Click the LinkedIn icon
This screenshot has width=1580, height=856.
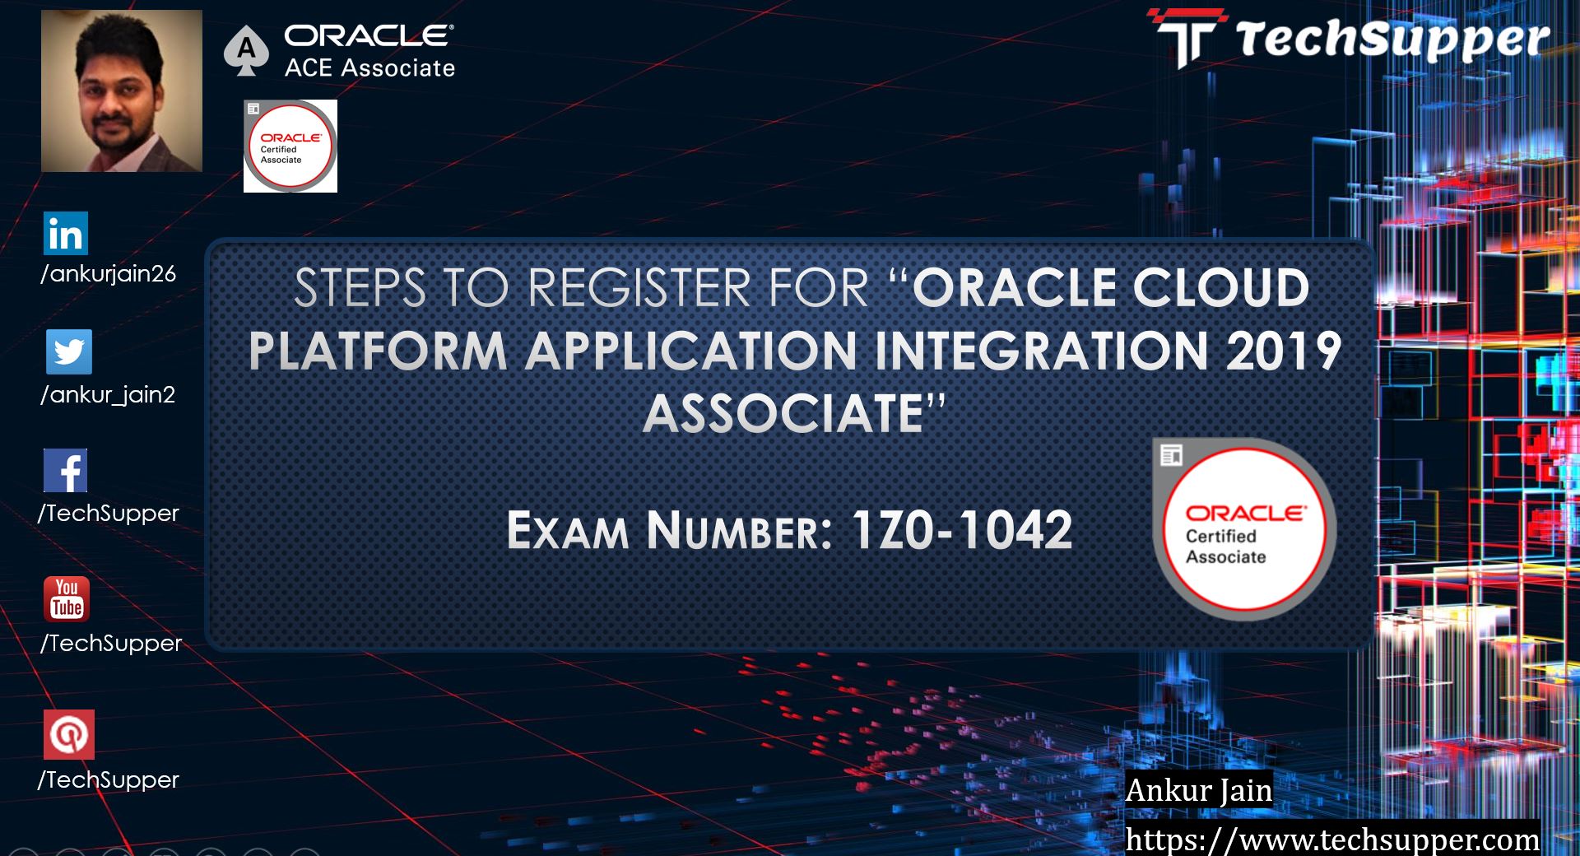(66, 234)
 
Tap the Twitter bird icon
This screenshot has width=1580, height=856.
(69, 352)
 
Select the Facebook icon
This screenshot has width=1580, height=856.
(66, 471)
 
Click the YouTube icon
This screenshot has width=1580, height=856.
(67, 598)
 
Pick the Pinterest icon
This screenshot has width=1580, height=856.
(69, 734)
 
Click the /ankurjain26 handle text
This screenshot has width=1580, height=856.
(109, 274)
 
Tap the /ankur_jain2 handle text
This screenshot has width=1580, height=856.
(108, 395)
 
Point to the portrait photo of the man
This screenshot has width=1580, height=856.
(122, 91)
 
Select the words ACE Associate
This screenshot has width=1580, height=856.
(369, 67)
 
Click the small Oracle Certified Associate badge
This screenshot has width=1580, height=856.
(290, 147)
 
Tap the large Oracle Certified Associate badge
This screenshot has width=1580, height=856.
(1244, 529)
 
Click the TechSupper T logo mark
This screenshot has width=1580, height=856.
(1187, 38)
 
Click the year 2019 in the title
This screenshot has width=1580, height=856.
(1284, 351)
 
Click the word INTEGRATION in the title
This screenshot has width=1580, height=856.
(1041, 351)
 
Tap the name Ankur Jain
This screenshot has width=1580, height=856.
(1198, 790)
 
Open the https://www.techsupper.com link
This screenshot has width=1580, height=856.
(1332, 839)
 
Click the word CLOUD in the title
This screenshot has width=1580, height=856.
(1221, 288)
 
